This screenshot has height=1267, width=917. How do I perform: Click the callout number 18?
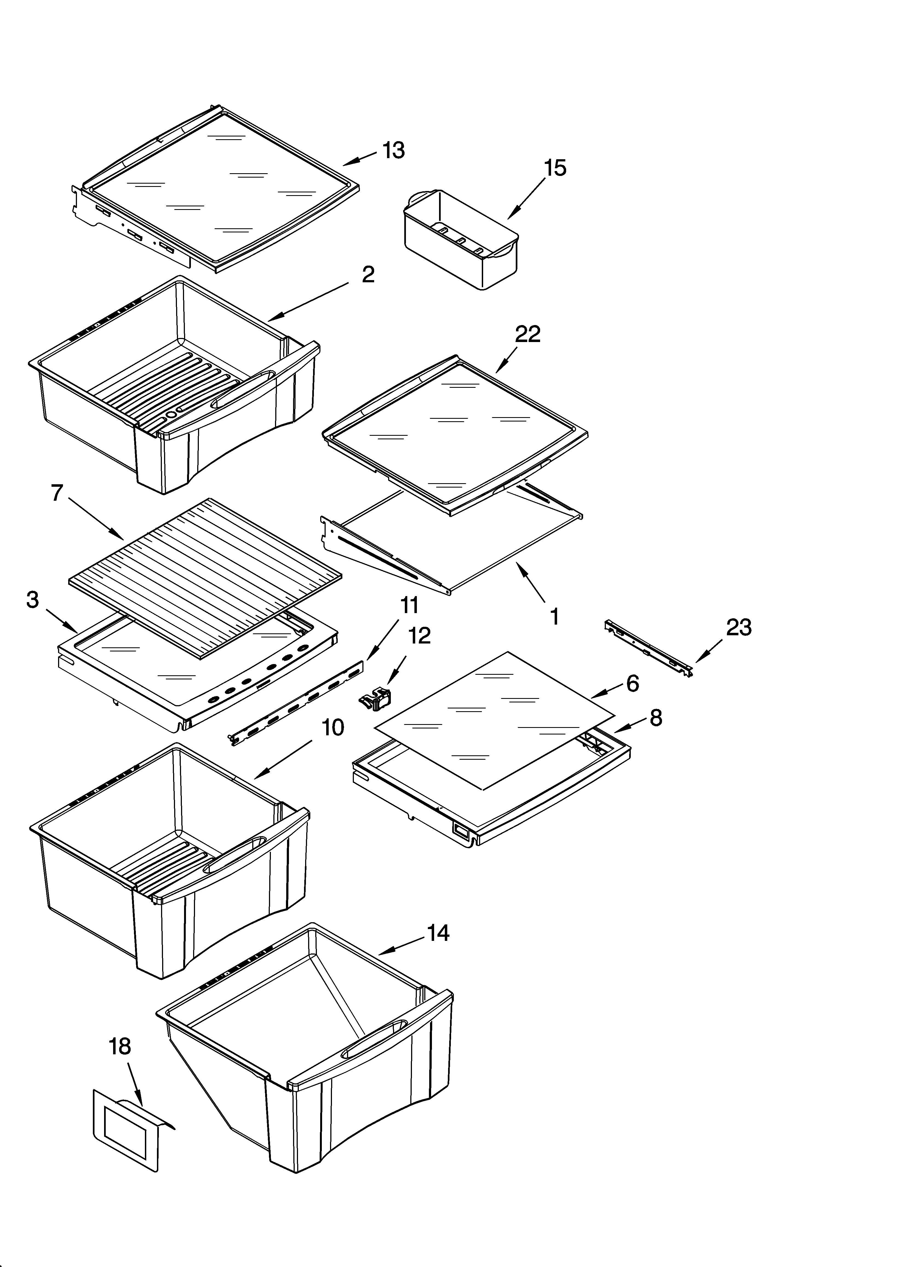coord(119,1046)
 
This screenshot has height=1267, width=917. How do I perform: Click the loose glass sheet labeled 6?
coord(494,721)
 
